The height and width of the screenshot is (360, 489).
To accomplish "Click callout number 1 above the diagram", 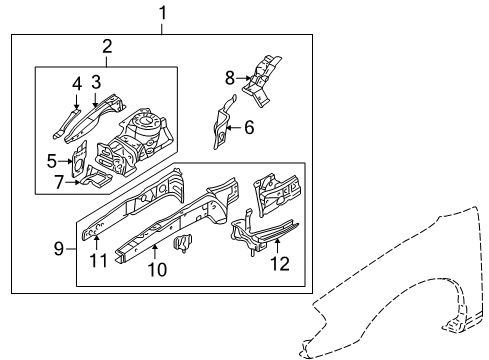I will tap(163, 13).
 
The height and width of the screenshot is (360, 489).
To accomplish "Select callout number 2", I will tap(107, 46).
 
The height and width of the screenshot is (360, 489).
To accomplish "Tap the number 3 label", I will tap(97, 80).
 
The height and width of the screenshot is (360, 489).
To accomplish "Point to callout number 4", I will tap(76, 83).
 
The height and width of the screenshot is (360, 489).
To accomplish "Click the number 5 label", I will tap(51, 158).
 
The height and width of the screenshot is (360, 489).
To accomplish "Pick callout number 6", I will tap(249, 127).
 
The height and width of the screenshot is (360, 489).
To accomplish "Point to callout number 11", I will tap(97, 262).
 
